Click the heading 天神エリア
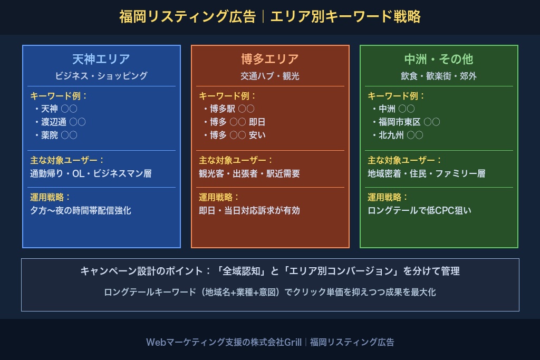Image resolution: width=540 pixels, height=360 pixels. [101, 59]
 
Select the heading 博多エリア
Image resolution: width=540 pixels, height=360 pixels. [270, 59]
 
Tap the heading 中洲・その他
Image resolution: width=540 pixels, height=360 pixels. [439, 59]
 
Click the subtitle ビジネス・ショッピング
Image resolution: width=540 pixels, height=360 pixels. [101, 76]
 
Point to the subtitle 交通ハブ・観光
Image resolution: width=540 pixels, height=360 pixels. [270, 76]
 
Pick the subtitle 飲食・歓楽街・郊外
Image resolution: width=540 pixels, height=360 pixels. [439, 76]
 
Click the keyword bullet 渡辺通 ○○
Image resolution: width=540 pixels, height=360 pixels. [63, 122]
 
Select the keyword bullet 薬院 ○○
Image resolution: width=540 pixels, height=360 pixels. [59, 135]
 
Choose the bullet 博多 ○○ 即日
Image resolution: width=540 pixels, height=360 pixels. [237, 122]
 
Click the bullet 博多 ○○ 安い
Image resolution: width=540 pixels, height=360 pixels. [237, 135]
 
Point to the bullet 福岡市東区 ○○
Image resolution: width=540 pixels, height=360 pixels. [409, 122]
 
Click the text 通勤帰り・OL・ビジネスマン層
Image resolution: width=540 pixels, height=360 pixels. [91, 173]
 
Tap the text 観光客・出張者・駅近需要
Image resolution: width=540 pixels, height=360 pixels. [249, 173]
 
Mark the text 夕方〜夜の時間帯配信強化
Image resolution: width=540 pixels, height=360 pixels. [81, 210]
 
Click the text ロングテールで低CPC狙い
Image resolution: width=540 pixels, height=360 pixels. [419, 210]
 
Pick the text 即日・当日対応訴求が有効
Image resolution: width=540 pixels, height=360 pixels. [249, 210]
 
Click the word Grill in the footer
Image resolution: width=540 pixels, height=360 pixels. [293, 342]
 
